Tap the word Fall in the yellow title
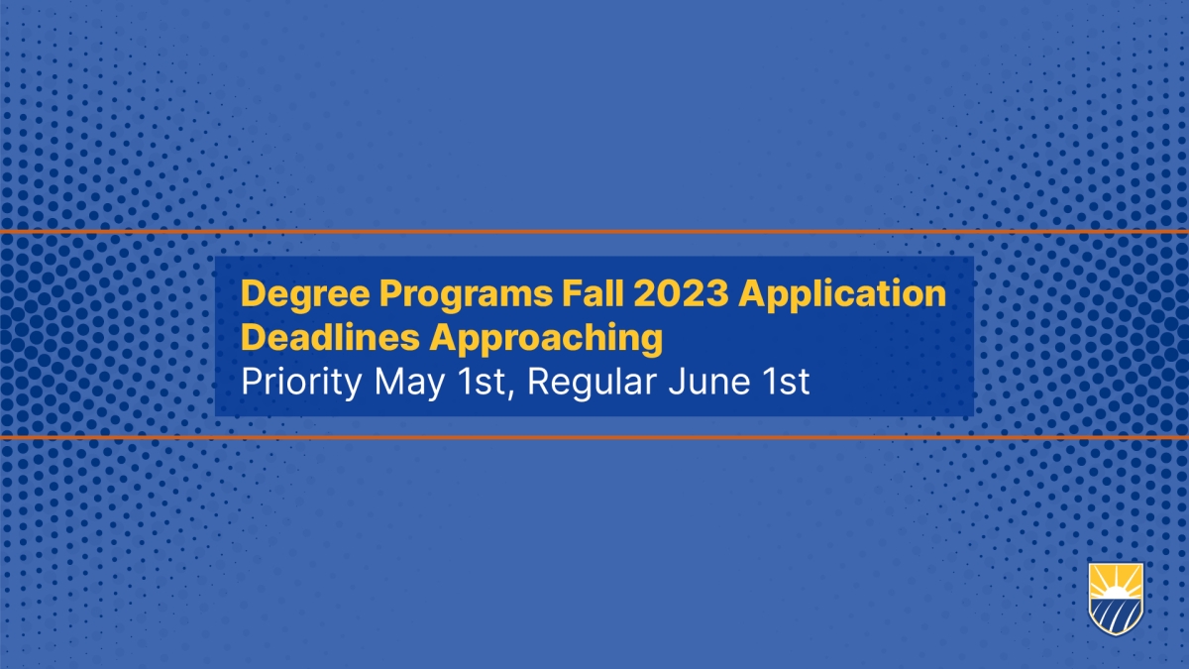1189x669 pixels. (593, 293)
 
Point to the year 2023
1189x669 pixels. (681, 293)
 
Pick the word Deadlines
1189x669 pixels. (330, 338)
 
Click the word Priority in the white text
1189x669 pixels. (301, 383)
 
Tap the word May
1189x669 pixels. (409, 383)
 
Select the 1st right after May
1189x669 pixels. (481, 382)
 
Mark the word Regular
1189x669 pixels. (592, 383)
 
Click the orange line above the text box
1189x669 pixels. (594, 232)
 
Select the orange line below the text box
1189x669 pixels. (594, 437)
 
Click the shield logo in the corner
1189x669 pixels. (1116, 599)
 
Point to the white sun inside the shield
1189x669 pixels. (1116, 593)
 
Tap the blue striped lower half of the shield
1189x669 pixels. (1116, 615)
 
